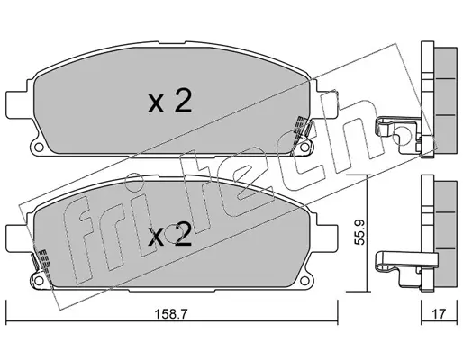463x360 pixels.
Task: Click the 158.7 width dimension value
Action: coord(171,314)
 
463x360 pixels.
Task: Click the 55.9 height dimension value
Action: coord(359,233)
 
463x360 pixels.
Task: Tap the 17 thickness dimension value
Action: coord(439,314)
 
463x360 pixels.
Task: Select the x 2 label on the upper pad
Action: coord(169,102)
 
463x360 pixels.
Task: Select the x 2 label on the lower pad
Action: coord(169,235)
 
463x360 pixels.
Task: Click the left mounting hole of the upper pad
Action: coord(38,148)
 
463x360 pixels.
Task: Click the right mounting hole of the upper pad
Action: coord(304,148)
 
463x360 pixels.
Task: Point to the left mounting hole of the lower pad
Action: coord(38,281)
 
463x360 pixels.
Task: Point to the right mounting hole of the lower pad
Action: coord(304,281)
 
